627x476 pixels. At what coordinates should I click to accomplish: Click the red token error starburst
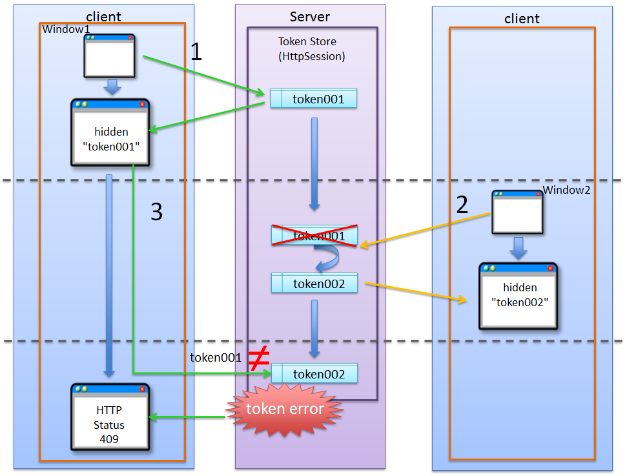tap(284, 409)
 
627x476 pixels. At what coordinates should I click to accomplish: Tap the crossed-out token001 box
tap(314, 236)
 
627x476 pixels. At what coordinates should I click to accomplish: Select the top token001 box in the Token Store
tap(314, 99)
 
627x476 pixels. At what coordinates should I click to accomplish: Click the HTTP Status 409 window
tap(110, 418)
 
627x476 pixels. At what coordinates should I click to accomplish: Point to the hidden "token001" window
tap(110, 132)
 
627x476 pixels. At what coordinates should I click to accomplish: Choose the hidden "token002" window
tap(518, 295)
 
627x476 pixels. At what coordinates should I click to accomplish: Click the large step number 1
tap(196, 52)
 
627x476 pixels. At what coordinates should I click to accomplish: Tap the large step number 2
tap(462, 204)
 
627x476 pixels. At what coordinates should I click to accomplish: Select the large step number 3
tap(156, 212)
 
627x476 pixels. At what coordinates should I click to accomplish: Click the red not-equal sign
tap(258, 358)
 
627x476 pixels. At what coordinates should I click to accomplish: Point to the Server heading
tap(310, 17)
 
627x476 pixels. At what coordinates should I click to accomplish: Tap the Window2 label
tap(566, 190)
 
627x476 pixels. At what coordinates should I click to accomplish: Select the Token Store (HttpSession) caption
tap(312, 49)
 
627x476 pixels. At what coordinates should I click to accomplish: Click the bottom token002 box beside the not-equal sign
tap(314, 375)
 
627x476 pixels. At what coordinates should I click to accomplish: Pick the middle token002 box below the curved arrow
tap(314, 284)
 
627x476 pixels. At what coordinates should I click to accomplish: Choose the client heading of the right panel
tap(521, 19)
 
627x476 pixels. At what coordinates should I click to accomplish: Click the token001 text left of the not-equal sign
tap(216, 358)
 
